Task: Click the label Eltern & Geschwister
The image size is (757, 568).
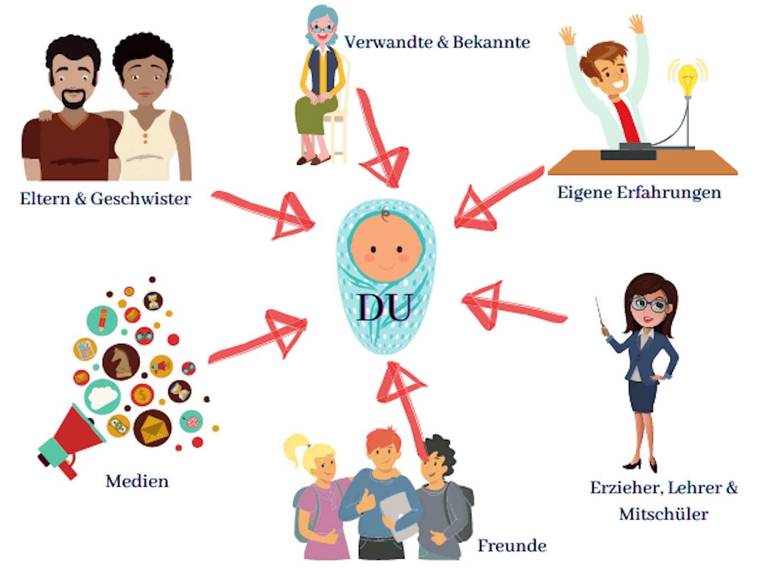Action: [x=105, y=198]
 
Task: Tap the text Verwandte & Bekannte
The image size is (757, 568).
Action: [x=437, y=42]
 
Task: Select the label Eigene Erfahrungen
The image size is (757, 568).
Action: [x=639, y=192]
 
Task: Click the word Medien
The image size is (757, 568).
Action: [x=137, y=481]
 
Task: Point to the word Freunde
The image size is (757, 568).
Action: [x=511, y=546]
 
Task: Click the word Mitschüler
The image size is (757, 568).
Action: [x=663, y=514]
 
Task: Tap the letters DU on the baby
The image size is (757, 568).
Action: [x=385, y=307]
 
